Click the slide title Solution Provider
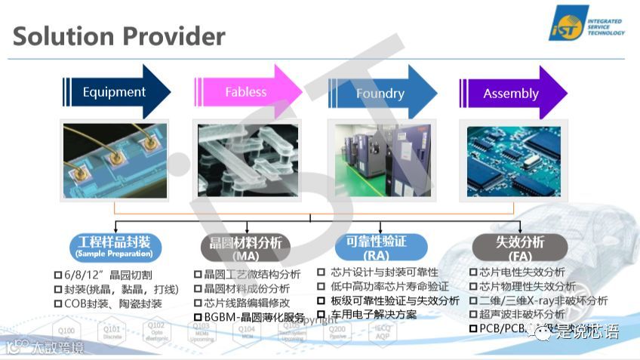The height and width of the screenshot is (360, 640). tap(119, 36)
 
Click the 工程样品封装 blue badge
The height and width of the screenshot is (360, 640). tap(115, 245)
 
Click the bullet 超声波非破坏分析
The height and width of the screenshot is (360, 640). tap(517, 314)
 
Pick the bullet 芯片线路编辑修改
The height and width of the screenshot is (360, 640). tap(247, 303)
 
